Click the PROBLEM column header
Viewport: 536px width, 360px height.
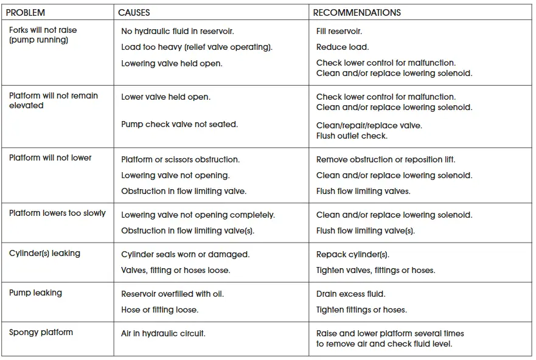26,12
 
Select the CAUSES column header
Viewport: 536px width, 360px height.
134,12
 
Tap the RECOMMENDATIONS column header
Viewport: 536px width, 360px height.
357,12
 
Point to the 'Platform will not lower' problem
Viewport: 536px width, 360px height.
50,157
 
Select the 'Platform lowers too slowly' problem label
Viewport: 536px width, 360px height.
57,213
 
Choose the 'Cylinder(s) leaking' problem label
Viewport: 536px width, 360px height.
44,253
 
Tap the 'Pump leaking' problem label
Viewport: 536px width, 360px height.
35,292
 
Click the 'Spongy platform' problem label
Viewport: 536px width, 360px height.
41,332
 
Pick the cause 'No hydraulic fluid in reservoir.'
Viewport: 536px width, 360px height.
178,31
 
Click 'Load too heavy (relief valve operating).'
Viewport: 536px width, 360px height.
197,47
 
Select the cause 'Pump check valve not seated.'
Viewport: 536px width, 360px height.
179,124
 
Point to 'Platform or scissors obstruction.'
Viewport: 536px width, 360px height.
180,159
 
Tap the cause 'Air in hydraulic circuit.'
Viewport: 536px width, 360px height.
163,333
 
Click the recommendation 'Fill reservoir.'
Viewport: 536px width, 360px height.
339,31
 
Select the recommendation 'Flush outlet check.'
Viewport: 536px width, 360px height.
352,136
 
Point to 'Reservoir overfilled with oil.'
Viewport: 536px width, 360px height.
172,294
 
